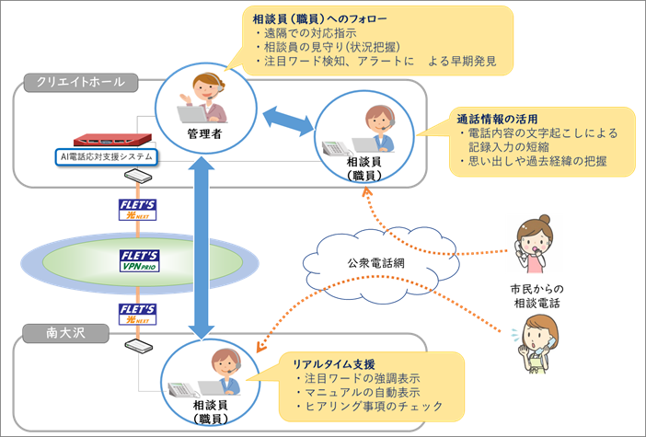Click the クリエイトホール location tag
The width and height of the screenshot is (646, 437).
(x=81, y=83)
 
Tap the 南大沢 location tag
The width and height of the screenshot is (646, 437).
(x=66, y=333)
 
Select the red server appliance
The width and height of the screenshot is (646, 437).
(x=112, y=140)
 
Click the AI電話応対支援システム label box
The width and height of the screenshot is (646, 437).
(x=107, y=157)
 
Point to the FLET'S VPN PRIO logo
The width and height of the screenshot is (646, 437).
(x=140, y=260)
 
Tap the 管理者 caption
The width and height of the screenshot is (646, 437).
(x=204, y=133)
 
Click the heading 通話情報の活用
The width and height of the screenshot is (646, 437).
(x=497, y=120)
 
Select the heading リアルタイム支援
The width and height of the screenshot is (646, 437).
(x=334, y=364)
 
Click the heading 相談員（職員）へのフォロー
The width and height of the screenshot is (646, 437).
(x=319, y=19)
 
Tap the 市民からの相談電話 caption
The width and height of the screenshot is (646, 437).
(x=536, y=296)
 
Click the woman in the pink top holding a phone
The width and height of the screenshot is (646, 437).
(x=535, y=244)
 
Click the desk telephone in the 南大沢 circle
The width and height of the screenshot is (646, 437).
(x=182, y=389)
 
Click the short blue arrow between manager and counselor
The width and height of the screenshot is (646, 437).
(x=288, y=121)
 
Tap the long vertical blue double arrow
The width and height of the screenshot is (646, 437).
(x=202, y=248)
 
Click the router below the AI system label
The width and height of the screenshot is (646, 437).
(x=138, y=177)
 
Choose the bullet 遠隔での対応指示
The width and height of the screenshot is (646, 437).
(x=306, y=33)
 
